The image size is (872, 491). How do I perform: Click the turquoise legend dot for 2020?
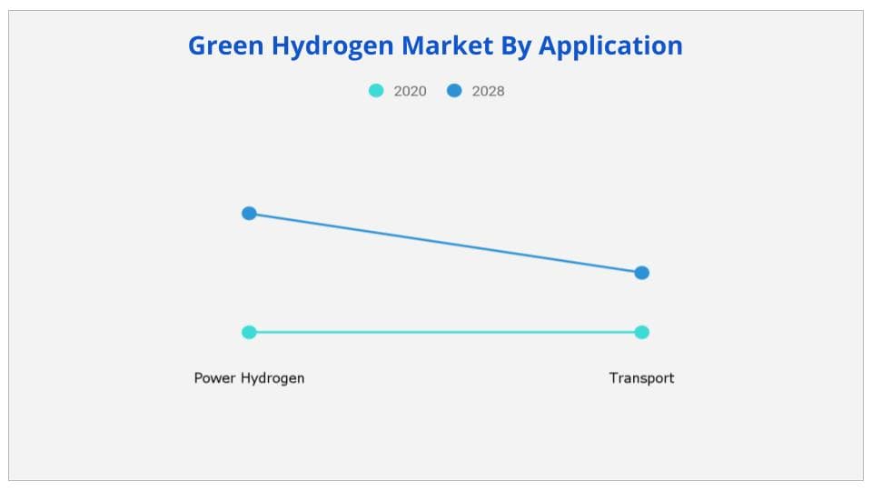pyautogui.click(x=376, y=91)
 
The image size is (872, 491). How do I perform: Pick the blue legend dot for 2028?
pyautogui.click(x=454, y=91)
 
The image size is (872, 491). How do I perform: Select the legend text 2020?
pyautogui.click(x=410, y=91)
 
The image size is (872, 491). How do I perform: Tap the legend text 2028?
pyautogui.click(x=488, y=91)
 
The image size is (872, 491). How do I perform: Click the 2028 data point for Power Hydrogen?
pyautogui.click(x=249, y=213)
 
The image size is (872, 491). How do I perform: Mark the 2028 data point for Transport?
pyautogui.click(x=641, y=273)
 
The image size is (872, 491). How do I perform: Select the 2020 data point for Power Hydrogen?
pyautogui.click(x=249, y=332)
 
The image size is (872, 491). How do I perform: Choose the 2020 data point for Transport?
pyautogui.click(x=641, y=332)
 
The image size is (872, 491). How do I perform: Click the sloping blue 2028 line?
pyautogui.click(x=445, y=243)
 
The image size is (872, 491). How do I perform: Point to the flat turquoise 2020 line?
pyautogui.click(x=445, y=332)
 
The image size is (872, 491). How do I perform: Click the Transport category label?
pyautogui.click(x=641, y=378)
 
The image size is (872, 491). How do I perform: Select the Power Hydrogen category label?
pyautogui.click(x=249, y=378)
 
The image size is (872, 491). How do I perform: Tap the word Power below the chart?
pyautogui.click(x=214, y=378)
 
